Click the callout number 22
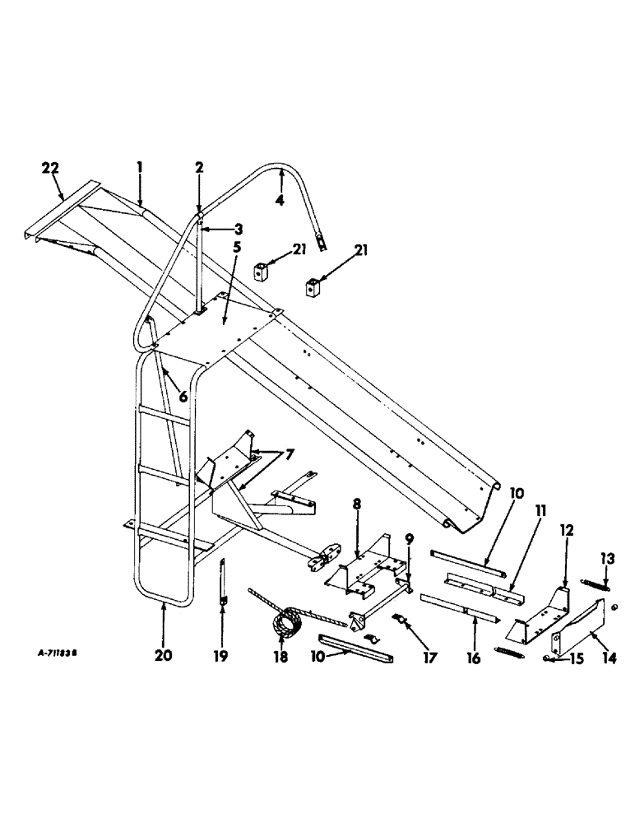[51, 168]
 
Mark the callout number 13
[605, 560]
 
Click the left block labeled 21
[263, 270]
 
